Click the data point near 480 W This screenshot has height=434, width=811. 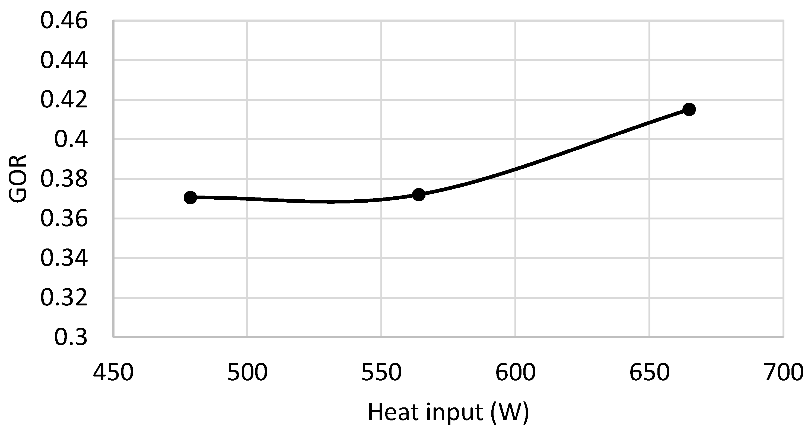coord(190,198)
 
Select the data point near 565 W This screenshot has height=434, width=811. coord(419,195)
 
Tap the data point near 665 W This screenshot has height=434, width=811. coord(689,110)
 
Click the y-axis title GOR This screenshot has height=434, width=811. coord(18,178)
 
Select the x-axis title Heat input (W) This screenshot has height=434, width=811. coord(448,413)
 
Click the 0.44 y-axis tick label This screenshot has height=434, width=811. coord(64,61)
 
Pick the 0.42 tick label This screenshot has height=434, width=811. coord(64,100)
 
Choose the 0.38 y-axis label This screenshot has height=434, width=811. coord(64,179)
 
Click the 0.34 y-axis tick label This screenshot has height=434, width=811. coord(64,259)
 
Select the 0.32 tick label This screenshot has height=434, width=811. coord(64,298)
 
